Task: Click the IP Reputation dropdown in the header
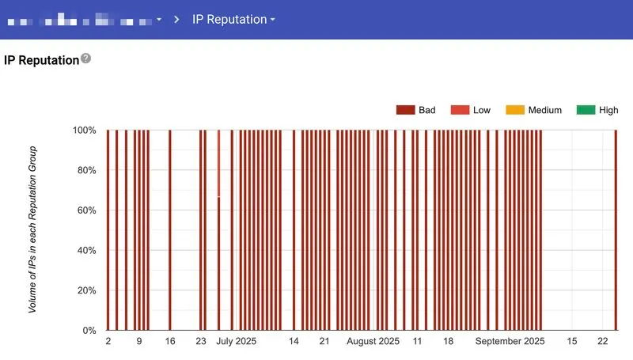233,19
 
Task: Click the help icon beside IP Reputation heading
86,59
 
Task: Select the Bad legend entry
416,110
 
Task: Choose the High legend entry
598,110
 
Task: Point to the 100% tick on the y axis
84,130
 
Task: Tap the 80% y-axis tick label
85,170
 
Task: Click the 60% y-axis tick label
85,210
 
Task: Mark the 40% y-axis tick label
85,250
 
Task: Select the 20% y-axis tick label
85,290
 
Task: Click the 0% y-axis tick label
89,330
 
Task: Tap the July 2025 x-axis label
236,342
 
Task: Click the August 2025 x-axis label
373,342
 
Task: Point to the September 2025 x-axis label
510,342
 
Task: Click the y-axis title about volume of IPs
33,229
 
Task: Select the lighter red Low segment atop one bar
219,162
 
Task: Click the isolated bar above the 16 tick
170,229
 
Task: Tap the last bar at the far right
616,229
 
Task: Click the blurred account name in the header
83,19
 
